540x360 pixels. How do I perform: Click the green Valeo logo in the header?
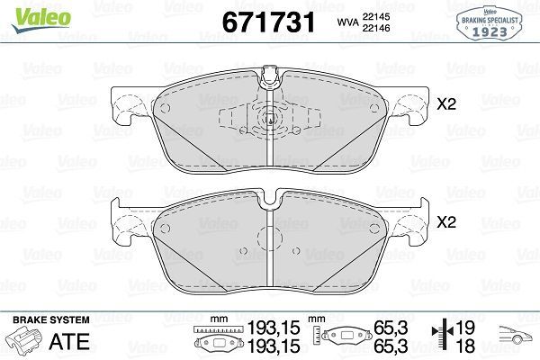(28, 12)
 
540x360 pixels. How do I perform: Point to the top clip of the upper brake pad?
(268, 82)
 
